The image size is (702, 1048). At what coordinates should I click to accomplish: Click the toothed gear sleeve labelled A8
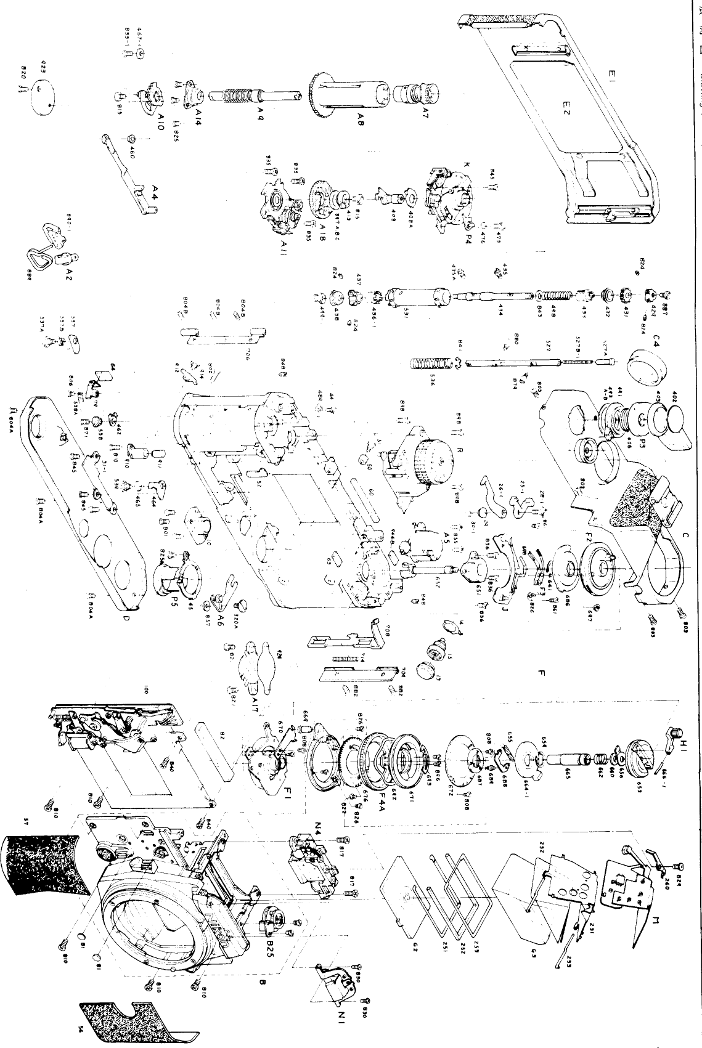345,92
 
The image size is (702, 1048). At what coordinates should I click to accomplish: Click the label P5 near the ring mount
174,603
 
